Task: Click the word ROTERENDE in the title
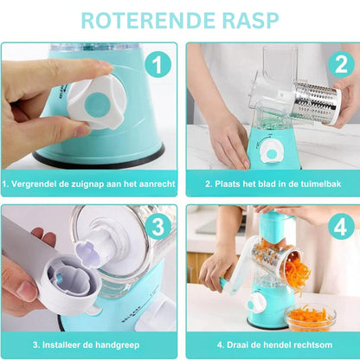[x=148, y=20]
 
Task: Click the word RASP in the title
[x=251, y=20]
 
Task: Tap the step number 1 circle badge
[x=157, y=65]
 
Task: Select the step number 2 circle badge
[x=341, y=64]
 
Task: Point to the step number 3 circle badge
[x=157, y=227]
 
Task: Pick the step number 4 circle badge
[x=341, y=227]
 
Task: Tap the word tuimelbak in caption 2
[x=319, y=184]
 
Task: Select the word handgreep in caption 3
[x=118, y=345]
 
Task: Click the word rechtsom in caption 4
[x=312, y=344]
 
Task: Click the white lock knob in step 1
[x=97, y=103]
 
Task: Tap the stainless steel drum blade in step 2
[x=317, y=101]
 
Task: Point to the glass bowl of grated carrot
[x=310, y=318]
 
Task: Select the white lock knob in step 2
[x=272, y=152]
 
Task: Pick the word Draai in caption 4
[x=237, y=344]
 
